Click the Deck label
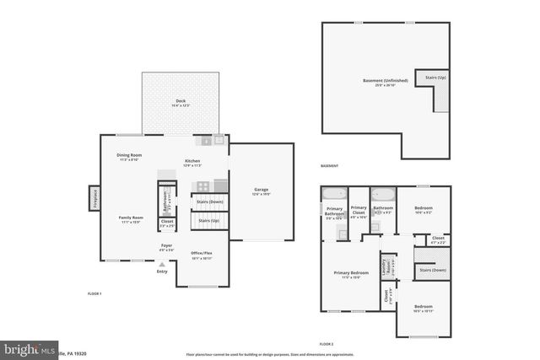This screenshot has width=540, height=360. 181,102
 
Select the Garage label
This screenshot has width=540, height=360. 262,191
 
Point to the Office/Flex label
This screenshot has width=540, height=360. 201,255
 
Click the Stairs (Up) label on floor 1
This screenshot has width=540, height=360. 208,220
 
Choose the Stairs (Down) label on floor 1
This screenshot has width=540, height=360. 209,201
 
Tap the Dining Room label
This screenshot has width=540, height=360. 129,157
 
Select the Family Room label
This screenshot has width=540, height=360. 131,219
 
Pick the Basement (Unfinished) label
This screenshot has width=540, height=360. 385,82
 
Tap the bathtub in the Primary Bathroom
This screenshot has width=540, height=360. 332,193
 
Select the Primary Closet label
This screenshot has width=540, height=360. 359,210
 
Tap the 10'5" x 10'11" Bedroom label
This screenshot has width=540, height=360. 423,308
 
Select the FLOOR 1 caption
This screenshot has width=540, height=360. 94,293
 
